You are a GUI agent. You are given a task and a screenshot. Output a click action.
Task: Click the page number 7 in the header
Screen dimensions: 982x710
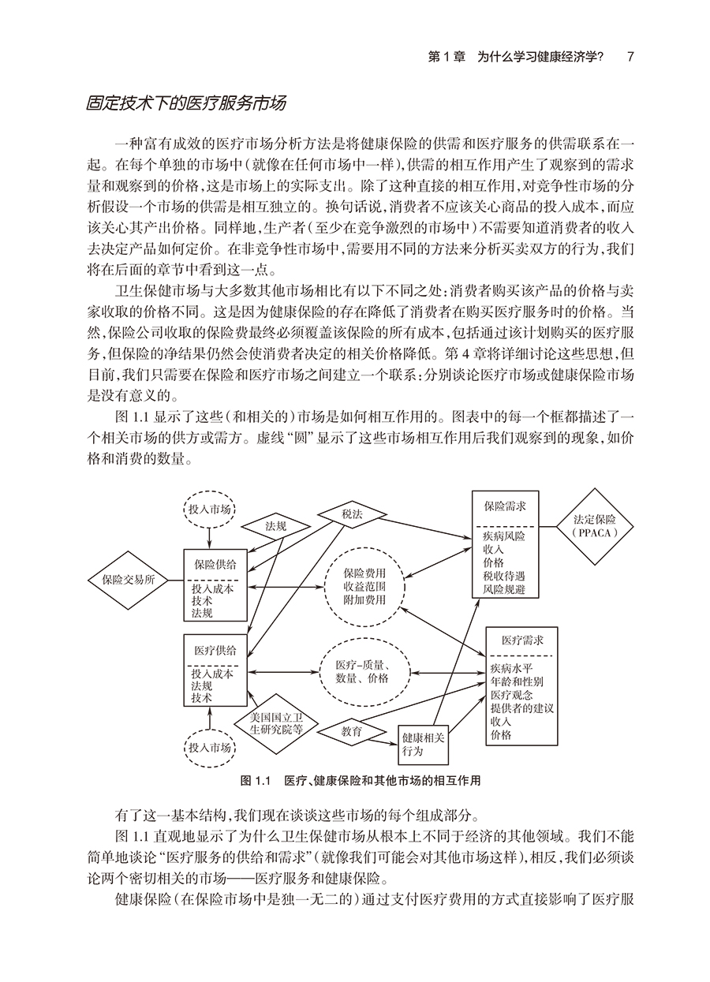pyautogui.click(x=630, y=57)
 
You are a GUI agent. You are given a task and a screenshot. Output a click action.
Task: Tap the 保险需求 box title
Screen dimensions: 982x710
pyautogui.click(x=499, y=510)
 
